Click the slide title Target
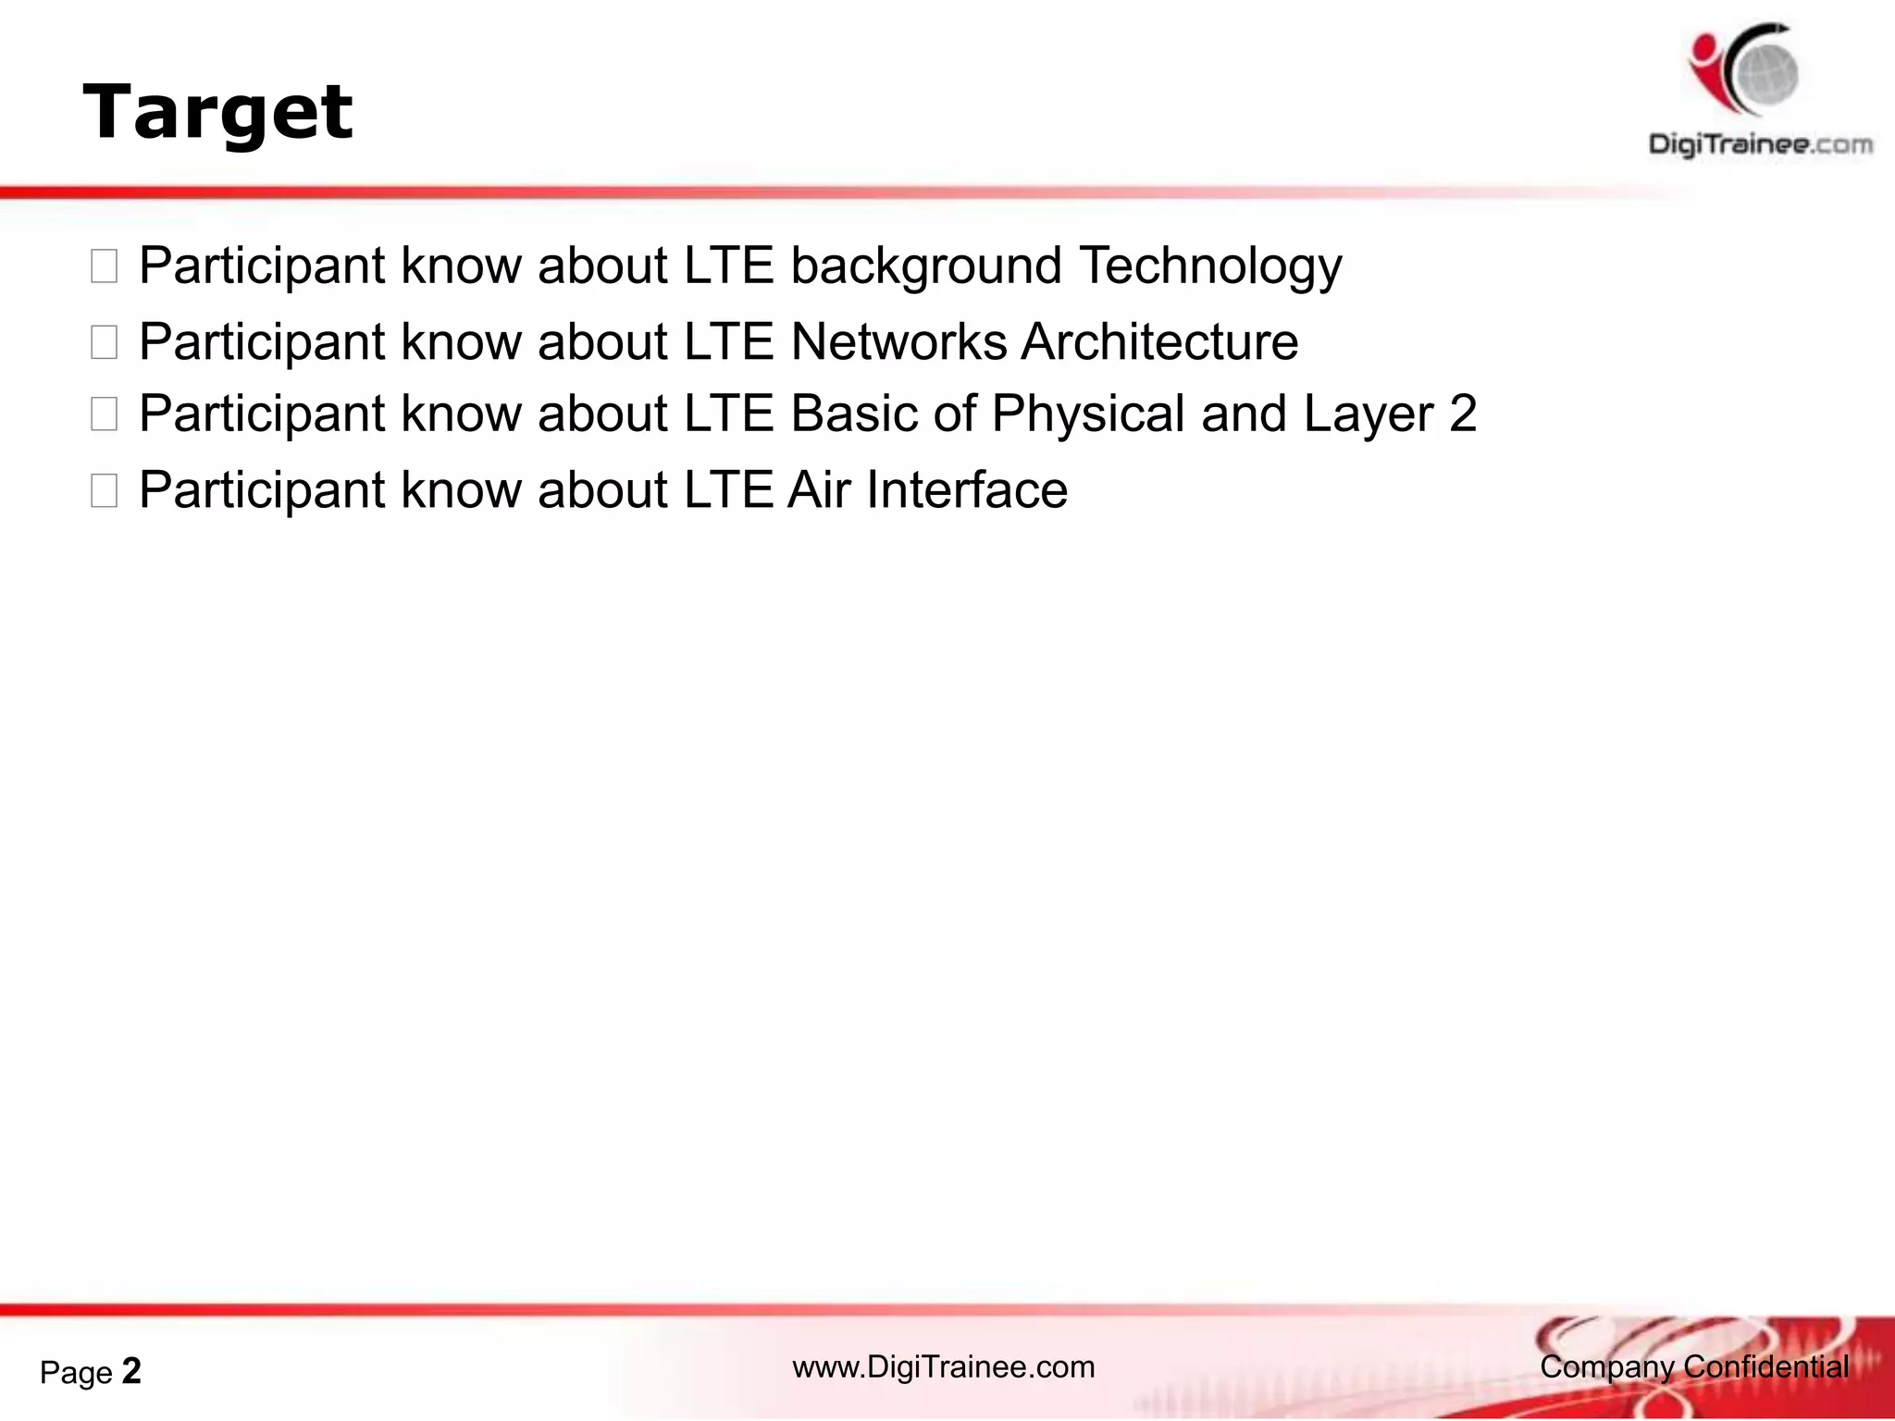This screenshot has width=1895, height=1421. pos(217,113)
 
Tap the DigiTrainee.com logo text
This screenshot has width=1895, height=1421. pos(1760,144)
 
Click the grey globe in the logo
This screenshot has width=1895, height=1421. pos(1766,74)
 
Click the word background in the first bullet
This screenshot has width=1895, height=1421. pos(925,266)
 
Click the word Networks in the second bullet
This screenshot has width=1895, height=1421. pos(898,342)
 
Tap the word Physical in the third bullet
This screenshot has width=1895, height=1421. pos(1087,414)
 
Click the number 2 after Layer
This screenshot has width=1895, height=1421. pos(1463,414)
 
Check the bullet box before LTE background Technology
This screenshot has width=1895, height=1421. pos(104,267)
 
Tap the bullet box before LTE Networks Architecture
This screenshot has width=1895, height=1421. pos(104,343)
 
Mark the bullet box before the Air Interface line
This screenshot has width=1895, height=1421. pos(104,491)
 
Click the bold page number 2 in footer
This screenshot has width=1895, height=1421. pos(131,1371)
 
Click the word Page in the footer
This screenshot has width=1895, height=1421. pos(76,1373)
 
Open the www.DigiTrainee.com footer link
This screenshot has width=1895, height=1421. pos(943,1367)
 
